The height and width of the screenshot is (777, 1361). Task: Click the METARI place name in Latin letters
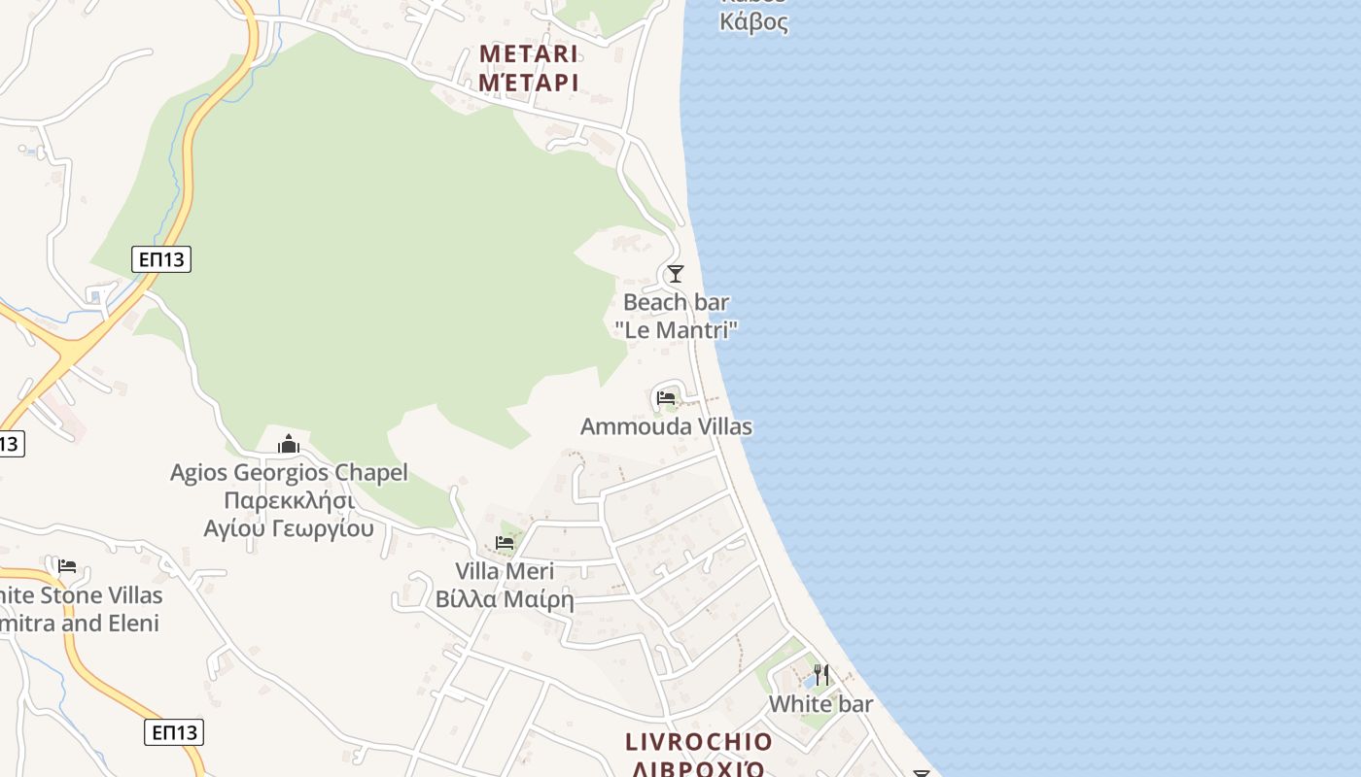[529, 53]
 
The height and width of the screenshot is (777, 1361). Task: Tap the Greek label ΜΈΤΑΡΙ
[529, 83]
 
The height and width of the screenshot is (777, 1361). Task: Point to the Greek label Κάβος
[753, 21]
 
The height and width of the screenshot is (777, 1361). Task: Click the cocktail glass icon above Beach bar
[676, 274]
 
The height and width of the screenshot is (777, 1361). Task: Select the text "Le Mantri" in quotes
[676, 330]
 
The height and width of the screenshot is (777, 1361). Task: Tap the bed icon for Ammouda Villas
[666, 398]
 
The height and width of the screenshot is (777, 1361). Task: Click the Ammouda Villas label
[666, 426]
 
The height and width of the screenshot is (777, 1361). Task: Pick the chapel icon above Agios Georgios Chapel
[289, 445]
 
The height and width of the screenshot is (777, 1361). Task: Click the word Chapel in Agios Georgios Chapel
[370, 473]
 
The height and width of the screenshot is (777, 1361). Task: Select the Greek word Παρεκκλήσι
[289, 501]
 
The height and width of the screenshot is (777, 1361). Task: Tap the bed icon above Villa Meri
[505, 542]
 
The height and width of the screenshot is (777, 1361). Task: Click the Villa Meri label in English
[505, 571]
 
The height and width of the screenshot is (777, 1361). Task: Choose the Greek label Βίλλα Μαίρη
[505, 599]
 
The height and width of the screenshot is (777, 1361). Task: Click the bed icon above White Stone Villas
[67, 565]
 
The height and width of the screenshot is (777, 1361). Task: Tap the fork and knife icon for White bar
[821, 674]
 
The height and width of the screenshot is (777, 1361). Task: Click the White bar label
[821, 704]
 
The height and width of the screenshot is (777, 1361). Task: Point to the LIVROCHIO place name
[699, 743]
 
